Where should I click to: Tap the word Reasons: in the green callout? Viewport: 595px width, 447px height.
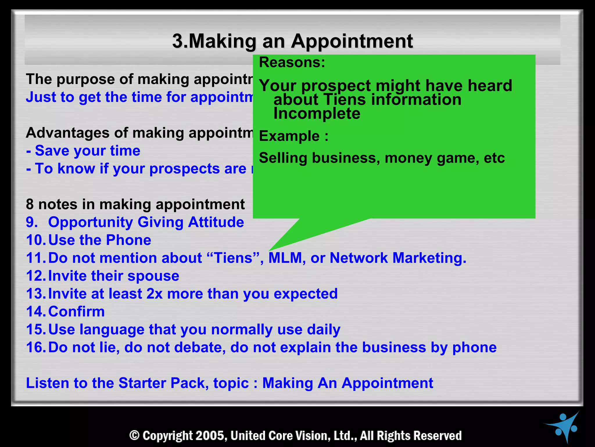pyautogui.click(x=292, y=62)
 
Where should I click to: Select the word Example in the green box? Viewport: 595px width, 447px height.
pyautogui.click(x=289, y=136)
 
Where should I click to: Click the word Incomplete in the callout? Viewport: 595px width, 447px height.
pyautogui.click(x=317, y=113)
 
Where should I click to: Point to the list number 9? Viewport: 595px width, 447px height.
pyautogui.click(x=32, y=222)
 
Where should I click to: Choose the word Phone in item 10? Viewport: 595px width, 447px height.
pyautogui.click(x=128, y=240)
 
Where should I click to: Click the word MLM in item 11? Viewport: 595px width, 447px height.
pyautogui.click(x=285, y=258)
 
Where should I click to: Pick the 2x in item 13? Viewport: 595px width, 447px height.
pyautogui.click(x=154, y=294)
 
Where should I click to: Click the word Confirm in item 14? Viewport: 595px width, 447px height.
pyautogui.click(x=76, y=312)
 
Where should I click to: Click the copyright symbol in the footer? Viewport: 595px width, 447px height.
pyautogui.click(x=135, y=436)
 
